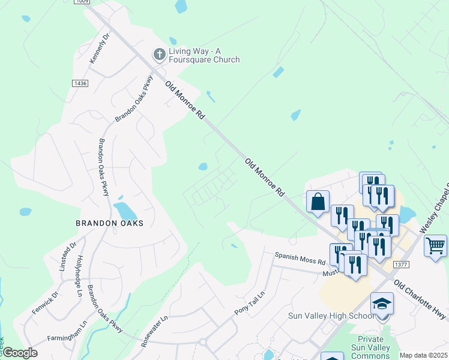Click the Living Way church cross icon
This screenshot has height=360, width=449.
(x=160, y=55)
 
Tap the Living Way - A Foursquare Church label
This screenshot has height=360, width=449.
(x=204, y=55)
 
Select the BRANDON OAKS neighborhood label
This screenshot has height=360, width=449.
(x=110, y=223)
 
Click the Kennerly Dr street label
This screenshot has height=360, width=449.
(x=100, y=49)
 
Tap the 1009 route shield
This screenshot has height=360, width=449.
(x=82, y=2)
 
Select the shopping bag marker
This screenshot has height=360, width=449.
(x=318, y=202)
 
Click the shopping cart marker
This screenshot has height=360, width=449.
(x=435, y=245)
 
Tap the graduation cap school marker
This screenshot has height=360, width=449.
(x=382, y=304)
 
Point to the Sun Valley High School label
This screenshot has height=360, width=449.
(x=331, y=316)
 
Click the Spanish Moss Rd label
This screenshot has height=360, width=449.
(x=300, y=259)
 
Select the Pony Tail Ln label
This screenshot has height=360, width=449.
(x=249, y=304)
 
